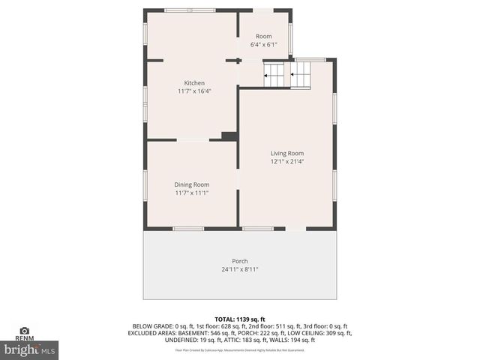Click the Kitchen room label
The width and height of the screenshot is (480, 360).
tap(194, 82)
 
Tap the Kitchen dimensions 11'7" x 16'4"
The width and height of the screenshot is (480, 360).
tap(194, 91)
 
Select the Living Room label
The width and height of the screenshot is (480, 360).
tap(287, 153)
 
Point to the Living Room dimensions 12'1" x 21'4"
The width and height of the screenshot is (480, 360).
tap(287, 161)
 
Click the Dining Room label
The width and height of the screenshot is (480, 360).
tap(192, 184)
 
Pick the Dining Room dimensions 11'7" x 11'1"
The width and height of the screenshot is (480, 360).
tap(192, 193)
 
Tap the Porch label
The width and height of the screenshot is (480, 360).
tap(240, 261)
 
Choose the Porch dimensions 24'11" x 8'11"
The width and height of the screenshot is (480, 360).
tap(240, 269)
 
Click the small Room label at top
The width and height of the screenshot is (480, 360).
tap(263, 36)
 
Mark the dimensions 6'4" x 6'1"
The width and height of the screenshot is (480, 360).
tap(263, 44)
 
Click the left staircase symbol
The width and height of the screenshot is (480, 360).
tap(274, 75)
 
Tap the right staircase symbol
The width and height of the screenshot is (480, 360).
tap(301, 75)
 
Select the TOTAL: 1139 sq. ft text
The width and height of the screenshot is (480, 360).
tap(240, 318)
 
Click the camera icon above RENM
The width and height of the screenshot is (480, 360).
tap(24, 330)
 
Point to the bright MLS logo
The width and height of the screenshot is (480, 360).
tap(30, 349)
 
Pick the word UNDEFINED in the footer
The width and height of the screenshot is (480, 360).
tap(180, 340)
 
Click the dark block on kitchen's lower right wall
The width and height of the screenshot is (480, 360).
tap(229, 136)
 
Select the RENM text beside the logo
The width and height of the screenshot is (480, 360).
tap(24, 339)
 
